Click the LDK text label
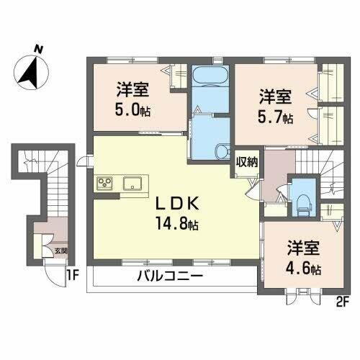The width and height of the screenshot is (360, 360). pyautogui.click(x=171, y=204)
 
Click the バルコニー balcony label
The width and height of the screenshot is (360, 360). pyautogui.click(x=170, y=276)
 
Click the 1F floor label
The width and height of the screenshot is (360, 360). pyautogui.click(x=72, y=274)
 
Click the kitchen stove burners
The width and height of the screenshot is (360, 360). pyautogui.click(x=104, y=182)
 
